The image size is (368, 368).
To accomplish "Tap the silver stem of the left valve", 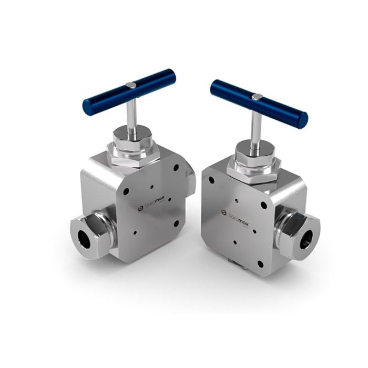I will (x=131, y=113).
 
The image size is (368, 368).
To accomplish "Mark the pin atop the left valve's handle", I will (x=131, y=85).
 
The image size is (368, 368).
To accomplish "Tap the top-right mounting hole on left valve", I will (x=176, y=168).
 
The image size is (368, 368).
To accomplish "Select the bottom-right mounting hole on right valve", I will (x=259, y=264).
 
